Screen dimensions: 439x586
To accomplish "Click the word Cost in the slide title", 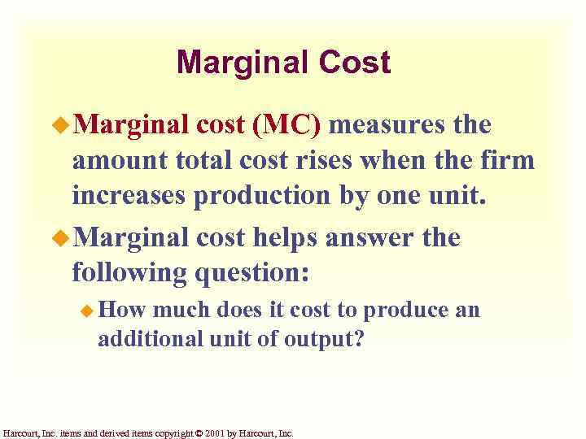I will [x=355, y=63].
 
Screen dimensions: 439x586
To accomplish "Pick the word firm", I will [x=508, y=162].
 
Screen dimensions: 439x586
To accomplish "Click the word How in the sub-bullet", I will [x=122, y=310].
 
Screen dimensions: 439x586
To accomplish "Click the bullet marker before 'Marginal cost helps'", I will [x=60, y=238].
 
